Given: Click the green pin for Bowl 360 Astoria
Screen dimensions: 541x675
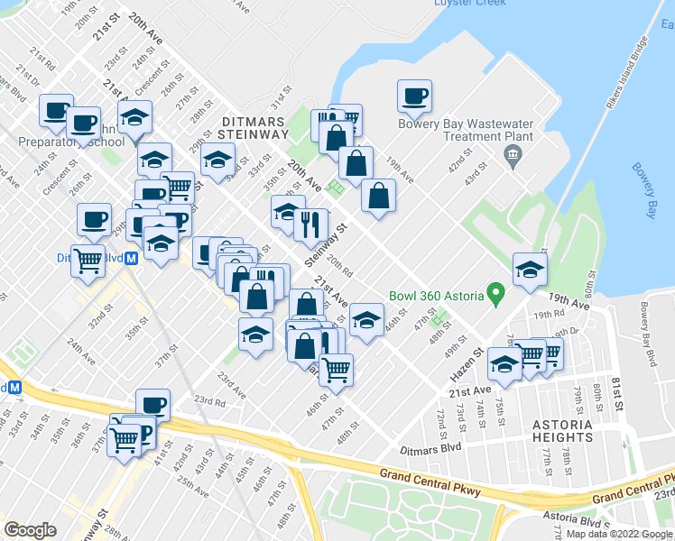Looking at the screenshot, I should coord(495,294).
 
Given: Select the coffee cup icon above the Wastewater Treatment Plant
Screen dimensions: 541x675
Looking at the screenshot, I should coord(414,96).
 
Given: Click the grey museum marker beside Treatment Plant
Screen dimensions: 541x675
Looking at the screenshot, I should coord(513,160).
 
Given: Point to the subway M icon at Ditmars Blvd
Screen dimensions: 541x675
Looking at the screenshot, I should coord(132,257).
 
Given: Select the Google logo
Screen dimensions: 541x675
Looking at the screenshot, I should coord(30,530).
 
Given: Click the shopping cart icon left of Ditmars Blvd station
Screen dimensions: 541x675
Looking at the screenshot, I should coord(88,261).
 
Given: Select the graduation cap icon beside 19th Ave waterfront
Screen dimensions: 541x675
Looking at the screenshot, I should coord(530,270).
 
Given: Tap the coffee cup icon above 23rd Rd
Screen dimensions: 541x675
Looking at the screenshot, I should coord(153,405).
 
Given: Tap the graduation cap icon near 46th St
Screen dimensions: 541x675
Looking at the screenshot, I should coord(365,319).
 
